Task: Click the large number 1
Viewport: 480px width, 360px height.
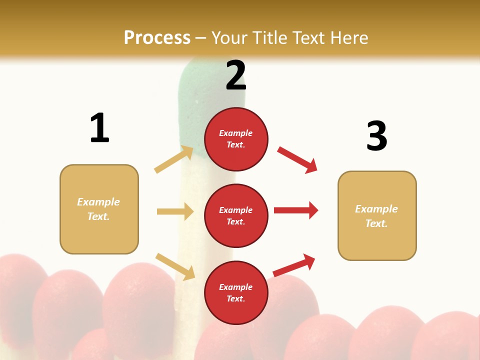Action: [99, 128]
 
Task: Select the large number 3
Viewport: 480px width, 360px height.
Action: [376, 136]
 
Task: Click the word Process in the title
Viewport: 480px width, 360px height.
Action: [157, 37]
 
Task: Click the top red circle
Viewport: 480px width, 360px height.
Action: [236, 139]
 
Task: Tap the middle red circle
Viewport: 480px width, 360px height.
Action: [236, 215]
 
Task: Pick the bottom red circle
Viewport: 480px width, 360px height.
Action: [236, 292]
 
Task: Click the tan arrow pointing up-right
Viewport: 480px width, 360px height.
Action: [174, 159]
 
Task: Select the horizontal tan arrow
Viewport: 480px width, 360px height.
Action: [175, 211]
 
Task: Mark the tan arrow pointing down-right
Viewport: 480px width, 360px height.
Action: [175, 266]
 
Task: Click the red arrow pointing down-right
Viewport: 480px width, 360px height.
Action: [297, 159]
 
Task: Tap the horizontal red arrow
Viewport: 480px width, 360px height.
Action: [296, 210]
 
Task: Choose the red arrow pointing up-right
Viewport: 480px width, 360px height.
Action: [294, 265]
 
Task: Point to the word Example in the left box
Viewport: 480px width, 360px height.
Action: [98, 201]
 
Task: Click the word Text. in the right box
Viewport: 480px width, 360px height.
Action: [376, 223]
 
